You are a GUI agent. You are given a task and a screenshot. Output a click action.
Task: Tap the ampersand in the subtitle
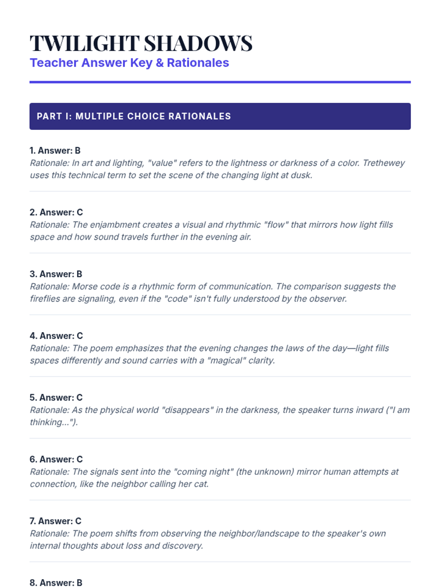coord(159,63)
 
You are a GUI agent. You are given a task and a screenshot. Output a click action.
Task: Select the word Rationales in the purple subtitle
coord(198,63)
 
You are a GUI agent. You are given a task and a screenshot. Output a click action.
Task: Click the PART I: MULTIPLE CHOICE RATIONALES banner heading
coord(134,116)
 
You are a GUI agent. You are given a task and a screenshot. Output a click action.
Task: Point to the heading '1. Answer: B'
coord(55,150)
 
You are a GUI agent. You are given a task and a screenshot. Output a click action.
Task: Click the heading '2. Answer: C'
coord(56,212)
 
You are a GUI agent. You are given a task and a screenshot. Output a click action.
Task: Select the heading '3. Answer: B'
coord(56,274)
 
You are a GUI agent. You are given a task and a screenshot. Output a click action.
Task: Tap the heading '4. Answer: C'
coord(56,336)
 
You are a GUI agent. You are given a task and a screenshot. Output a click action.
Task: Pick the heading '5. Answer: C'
coord(56,397)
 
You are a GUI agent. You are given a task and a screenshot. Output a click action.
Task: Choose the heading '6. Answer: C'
coord(56,459)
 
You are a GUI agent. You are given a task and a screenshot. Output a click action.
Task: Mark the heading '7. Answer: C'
coord(55,521)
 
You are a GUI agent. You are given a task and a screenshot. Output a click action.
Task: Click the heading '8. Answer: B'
coord(56,583)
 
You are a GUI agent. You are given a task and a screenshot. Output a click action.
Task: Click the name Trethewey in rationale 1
coord(384,163)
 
